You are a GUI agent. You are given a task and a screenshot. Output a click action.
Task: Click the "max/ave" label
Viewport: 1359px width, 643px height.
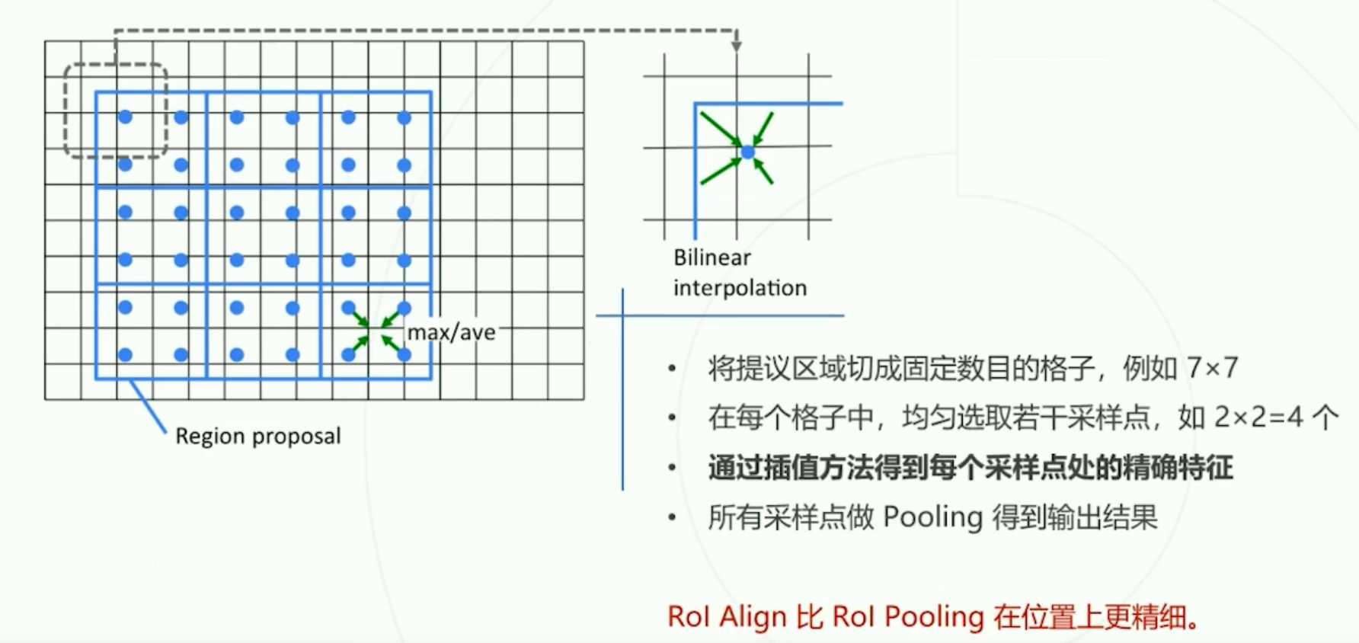click(x=451, y=333)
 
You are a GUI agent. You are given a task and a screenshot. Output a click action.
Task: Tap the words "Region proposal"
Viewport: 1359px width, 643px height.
click(x=257, y=436)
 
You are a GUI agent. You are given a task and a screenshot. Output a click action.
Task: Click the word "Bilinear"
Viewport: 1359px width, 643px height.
click(x=711, y=258)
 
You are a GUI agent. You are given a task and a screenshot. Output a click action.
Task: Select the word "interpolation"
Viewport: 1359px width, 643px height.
click(x=739, y=288)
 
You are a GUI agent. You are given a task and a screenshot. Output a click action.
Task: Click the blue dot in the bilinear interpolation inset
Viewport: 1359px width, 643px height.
click(x=748, y=152)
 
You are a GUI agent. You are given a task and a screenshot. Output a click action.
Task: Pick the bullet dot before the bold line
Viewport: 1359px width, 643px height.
click(x=672, y=468)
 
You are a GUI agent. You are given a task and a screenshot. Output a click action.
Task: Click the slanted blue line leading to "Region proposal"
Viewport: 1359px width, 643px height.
click(x=148, y=407)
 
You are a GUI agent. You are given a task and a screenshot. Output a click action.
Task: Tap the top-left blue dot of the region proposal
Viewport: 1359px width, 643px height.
click(x=126, y=117)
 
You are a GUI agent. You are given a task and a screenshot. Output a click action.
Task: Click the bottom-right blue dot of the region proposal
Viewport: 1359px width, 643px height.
click(x=405, y=354)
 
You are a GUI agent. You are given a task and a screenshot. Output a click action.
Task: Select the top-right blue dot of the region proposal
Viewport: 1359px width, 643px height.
click(x=405, y=117)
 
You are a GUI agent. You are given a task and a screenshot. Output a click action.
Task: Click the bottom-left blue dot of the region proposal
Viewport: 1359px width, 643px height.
click(x=126, y=354)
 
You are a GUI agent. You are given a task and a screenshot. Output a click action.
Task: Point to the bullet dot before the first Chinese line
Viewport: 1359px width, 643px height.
click(x=672, y=369)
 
